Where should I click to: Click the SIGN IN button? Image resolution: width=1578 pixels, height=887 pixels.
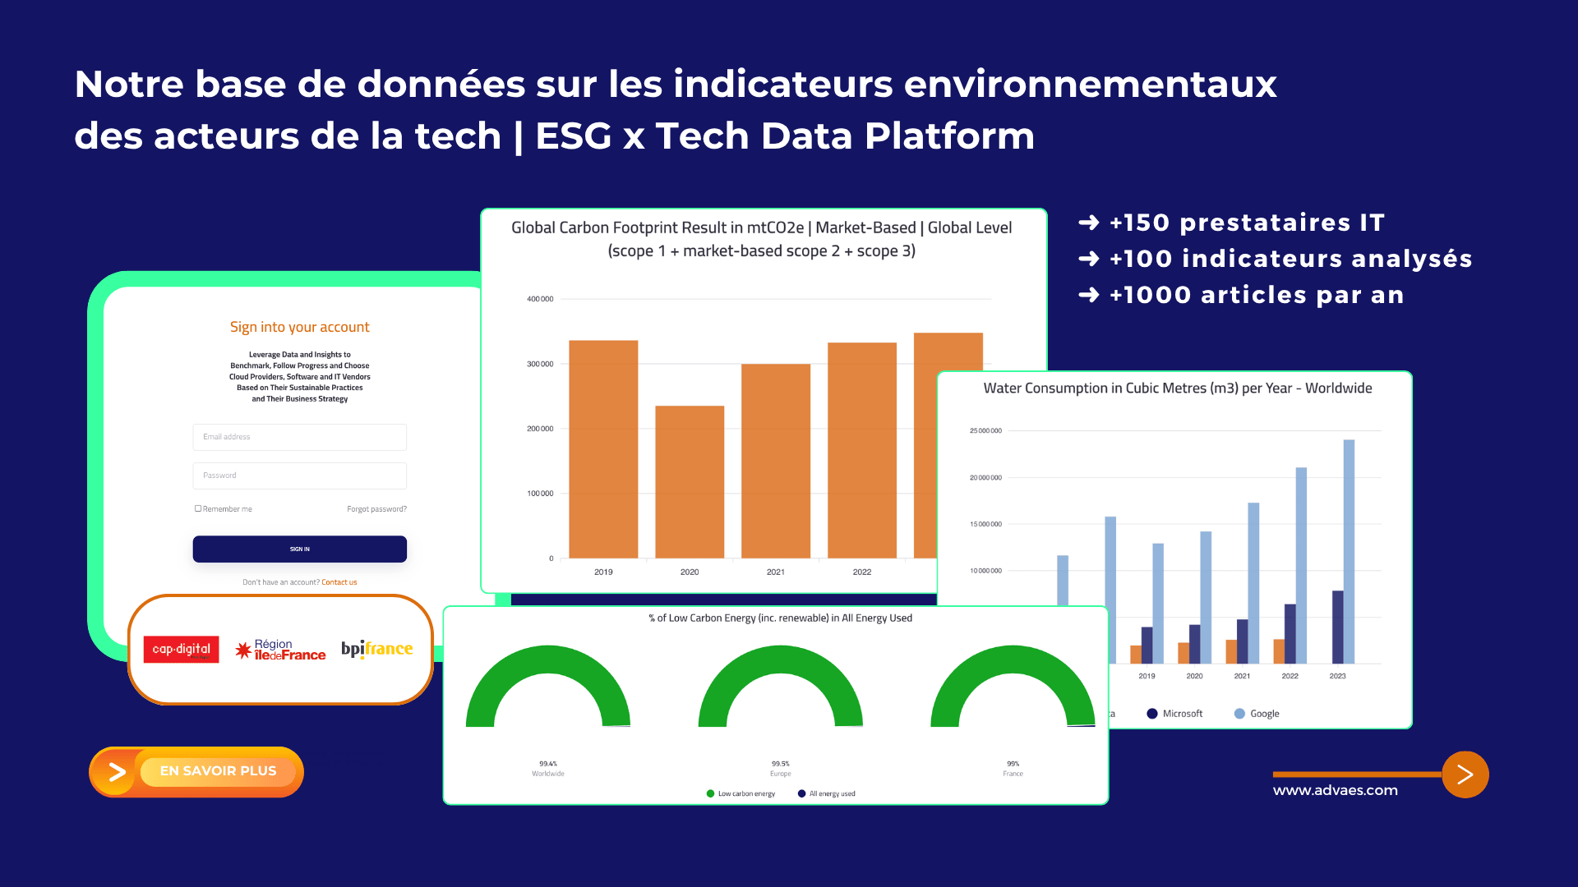[x=299, y=549]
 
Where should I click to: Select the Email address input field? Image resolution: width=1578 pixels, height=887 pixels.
[x=299, y=437]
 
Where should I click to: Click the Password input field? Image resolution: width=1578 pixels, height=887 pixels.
[x=299, y=476]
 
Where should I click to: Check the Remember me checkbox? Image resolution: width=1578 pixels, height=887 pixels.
[x=198, y=508]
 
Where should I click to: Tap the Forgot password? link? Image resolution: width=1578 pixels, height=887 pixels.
[x=376, y=509]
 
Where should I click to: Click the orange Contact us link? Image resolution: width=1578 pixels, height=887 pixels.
[x=339, y=582]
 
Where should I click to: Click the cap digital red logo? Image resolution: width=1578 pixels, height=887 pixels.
[x=181, y=649]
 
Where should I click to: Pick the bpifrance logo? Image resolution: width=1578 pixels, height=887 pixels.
[x=376, y=649]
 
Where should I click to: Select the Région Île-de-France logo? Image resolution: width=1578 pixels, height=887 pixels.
[x=280, y=650]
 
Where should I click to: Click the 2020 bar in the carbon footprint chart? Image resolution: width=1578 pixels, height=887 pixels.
[x=690, y=481]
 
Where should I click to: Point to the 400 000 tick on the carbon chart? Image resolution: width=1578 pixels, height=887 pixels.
[x=540, y=299]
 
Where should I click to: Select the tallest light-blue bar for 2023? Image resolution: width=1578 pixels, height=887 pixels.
[x=1349, y=550]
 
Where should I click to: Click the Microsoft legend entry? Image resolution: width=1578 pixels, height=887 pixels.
[x=1175, y=714]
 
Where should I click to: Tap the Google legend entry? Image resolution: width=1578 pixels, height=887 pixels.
[x=1257, y=714]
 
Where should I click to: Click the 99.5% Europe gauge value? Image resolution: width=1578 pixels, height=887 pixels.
[x=780, y=764]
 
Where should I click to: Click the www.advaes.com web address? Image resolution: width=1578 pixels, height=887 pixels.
[x=1335, y=790]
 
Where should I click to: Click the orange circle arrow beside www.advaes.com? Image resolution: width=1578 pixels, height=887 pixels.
[x=1465, y=774]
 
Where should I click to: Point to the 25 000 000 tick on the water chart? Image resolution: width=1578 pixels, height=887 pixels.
[x=985, y=430]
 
